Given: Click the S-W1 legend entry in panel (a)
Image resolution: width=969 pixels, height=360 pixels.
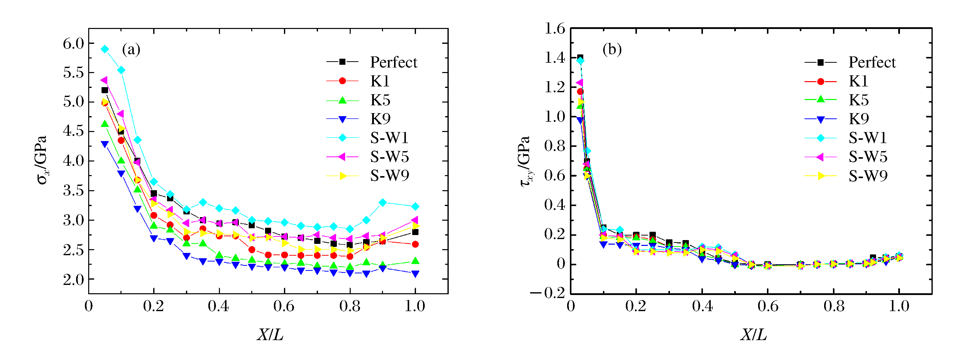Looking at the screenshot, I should pyautogui.click(x=389, y=138).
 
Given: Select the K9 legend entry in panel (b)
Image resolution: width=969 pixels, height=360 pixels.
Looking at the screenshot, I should pyautogui.click(x=859, y=119).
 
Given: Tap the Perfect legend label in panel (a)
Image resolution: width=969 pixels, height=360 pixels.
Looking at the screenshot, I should pyautogui.click(x=394, y=62).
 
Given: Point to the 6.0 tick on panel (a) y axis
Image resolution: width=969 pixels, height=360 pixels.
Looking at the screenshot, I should pyautogui.click(x=73, y=43).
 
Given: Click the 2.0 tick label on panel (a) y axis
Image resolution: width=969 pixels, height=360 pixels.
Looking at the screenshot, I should pyautogui.click(x=73, y=279).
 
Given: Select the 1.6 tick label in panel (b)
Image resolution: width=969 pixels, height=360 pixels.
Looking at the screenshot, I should pyautogui.click(x=555, y=28).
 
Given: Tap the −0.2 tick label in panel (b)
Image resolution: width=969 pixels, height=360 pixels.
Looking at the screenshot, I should pyautogui.click(x=548, y=293).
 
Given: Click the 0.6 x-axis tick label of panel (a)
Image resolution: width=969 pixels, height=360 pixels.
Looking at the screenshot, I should pyautogui.click(x=284, y=306).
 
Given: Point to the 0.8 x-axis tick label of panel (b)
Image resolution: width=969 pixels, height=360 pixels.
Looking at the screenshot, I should pyautogui.click(x=834, y=306).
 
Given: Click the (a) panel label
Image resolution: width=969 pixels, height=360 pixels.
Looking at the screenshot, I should pyautogui.click(x=131, y=49).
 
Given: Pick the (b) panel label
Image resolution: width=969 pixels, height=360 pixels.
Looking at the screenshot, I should pyautogui.click(x=612, y=49).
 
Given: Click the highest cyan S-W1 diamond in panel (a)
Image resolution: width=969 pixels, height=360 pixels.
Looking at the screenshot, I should pyautogui.click(x=105, y=49).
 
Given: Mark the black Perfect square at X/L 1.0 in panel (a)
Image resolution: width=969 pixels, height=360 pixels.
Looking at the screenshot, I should pyautogui.click(x=415, y=232).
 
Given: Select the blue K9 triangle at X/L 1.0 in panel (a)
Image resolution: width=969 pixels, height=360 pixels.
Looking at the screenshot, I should pyautogui.click(x=415, y=274).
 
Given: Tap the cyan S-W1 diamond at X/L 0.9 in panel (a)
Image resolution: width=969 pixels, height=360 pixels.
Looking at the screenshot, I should pyautogui.click(x=382, y=202).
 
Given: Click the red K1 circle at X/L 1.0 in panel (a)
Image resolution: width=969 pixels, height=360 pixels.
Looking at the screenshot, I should pyautogui.click(x=415, y=245).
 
